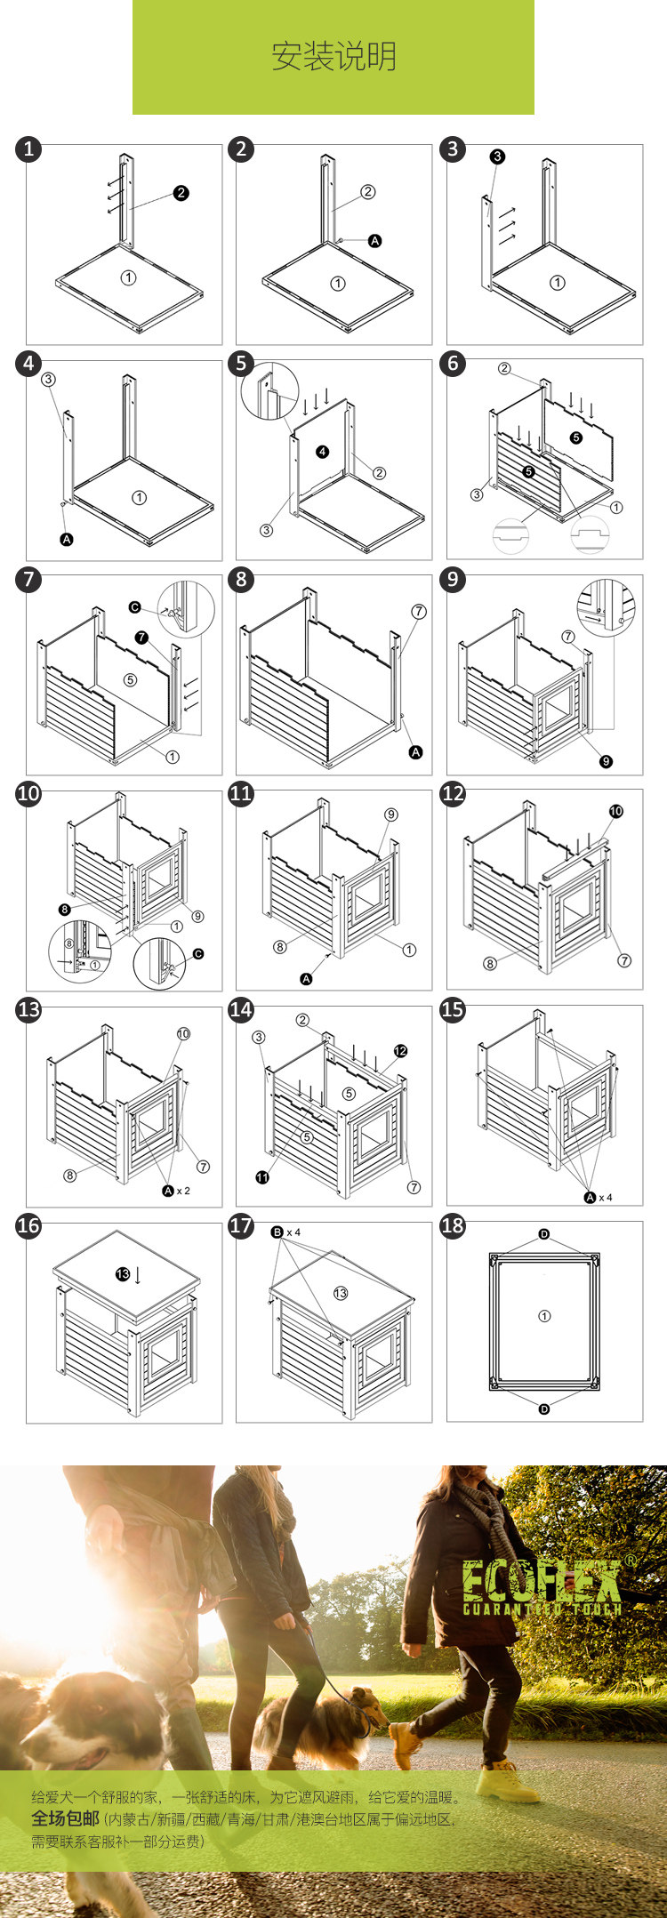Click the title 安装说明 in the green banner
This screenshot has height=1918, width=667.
[333, 57]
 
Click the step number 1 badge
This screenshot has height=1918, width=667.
[28, 148]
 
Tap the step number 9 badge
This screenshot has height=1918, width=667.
[453, 580]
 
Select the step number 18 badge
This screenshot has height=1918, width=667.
[453, 1225]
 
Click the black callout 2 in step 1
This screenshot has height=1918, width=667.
[181, 193]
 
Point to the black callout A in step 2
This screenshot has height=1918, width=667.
[375, 241]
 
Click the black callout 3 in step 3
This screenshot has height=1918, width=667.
[497, 156]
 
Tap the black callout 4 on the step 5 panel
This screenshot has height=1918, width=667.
[322, 452]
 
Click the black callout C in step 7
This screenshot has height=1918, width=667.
[135, 607]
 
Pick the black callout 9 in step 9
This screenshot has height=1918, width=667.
[606, 761]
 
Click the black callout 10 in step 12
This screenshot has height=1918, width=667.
[616, 811]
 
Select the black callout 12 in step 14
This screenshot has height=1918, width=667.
[400, 1051]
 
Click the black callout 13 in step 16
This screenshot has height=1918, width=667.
[123, 1274]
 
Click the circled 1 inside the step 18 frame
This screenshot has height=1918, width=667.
[544, 1316]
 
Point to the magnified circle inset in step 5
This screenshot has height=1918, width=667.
[269, 390]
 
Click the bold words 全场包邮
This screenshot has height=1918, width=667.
[65, 1818]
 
